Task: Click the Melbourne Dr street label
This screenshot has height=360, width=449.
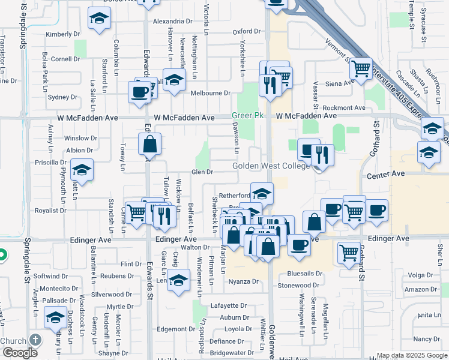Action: pos(210,93)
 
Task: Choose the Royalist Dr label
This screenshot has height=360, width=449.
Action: pos(50,211)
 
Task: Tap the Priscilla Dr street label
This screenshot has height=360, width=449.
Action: pos(50,162)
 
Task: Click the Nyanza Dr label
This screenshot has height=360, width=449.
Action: pos(243,281)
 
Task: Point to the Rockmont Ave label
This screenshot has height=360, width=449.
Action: pos(344,107)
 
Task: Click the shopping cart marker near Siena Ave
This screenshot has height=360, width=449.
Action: pos(360,69)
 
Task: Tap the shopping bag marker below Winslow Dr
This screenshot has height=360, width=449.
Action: pos(149,144)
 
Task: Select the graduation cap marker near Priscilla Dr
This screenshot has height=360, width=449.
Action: pos(82,170)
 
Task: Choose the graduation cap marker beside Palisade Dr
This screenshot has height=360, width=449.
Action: pos(55,317)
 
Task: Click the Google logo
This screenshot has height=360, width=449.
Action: pos(20,353)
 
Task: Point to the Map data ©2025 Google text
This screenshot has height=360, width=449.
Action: pos(411,355)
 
